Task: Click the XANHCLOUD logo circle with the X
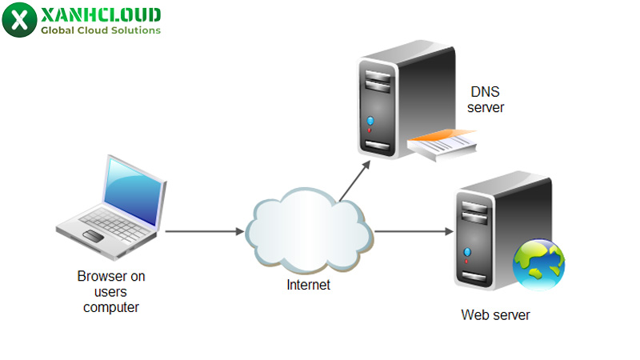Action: click(x=20, y=19)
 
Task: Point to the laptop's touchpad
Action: click(x=94, y=235)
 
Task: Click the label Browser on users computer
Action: click(x=111, y=291)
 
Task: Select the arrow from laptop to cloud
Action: click(x=204, y=232)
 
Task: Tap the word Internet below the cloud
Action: click(x=309, y=285)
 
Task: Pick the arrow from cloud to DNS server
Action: click(x=354, y=181)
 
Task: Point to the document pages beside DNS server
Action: click(x=443, y=146)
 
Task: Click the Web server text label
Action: click(x=495, y=315)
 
